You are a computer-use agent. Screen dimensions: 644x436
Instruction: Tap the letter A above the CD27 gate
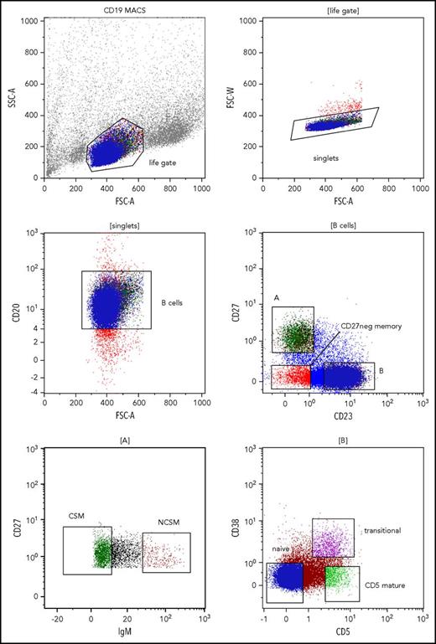point(277,301)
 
